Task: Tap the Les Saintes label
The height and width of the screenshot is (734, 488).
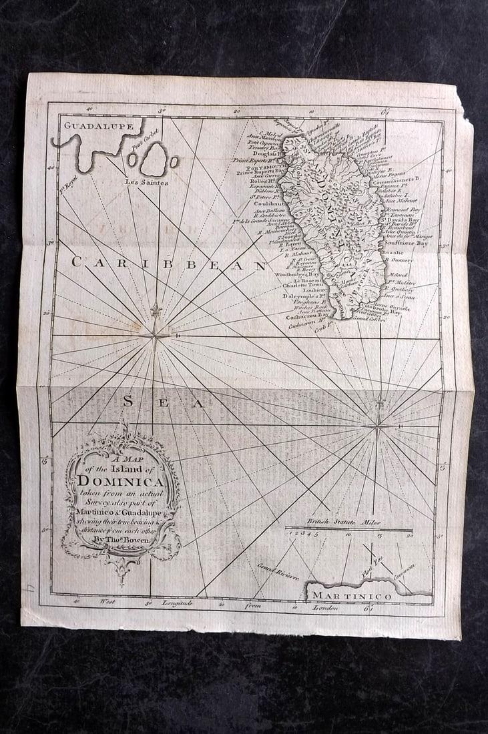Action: (146, 181)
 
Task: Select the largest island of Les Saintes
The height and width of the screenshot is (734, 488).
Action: (155, 160)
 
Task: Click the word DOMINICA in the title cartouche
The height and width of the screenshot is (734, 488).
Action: (121, 480)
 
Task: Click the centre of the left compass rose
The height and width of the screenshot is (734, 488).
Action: (155, 331)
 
